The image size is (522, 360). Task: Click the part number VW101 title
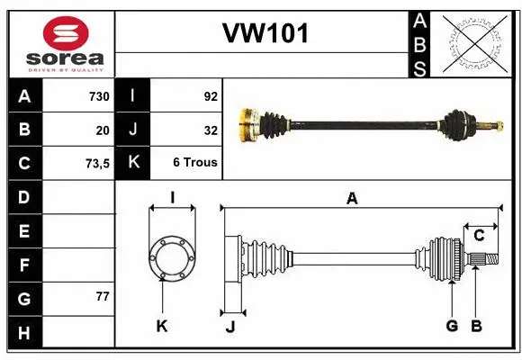pyautogui.click(x=265, y=33)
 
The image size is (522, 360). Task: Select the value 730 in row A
pyautogui.click(x=97, y=96)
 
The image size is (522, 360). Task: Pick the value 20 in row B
pyautogui.click(x=102, y=130)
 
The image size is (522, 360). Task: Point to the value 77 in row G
pyautogui.click(x=102, y=296)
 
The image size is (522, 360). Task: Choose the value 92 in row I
pyautogui.click(x=209, y=96)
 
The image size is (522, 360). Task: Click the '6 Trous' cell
pyautogui.click(x=195, y=163)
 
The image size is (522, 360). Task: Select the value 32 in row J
pyautogui.click(x=211, y=130)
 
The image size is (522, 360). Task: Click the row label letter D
pyautogui.click(x=23, y=197)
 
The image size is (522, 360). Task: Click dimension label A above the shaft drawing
pyautogui.click(x=352, y=199)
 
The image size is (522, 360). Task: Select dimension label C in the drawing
pyautogui.click(x=480, y=235)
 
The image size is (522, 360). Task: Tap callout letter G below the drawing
pyautogui.click(x=452, y=326)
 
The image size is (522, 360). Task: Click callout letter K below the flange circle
pyautogui.click(x=162, y=326)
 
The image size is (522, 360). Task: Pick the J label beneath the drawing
pyautogui.click(x=229, y=326)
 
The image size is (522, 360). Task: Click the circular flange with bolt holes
pyautogui.click(x=171, y=258)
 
